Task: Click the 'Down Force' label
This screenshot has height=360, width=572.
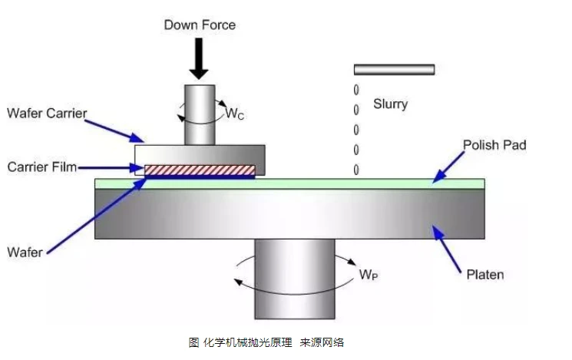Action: coord(200,25)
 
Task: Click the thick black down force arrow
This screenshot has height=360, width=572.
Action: coord(200,58)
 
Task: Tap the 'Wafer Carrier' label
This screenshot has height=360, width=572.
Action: coord(47,114)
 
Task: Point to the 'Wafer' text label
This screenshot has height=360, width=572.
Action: coord(26,251)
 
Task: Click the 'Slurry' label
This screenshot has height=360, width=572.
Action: coord(391,104)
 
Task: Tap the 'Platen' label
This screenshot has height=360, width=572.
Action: coord(485,273)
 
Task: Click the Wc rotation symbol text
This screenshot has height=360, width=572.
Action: coord(235,114)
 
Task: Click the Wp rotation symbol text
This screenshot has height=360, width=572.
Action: coord(370,275)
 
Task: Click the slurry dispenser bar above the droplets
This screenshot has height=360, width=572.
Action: coord(394,69)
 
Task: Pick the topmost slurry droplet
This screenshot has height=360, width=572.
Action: coord(356,90)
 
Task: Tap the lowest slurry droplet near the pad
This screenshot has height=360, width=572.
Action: coord(356,169)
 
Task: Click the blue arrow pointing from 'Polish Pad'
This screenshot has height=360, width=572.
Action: coord(448,166)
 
